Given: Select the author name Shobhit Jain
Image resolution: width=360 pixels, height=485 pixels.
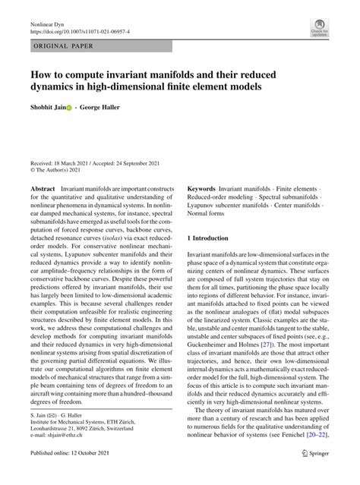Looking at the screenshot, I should click(52, 109).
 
